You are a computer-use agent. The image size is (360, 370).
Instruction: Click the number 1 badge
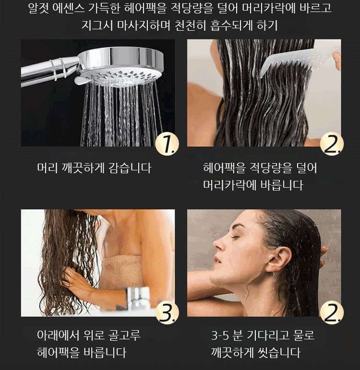[167, 143]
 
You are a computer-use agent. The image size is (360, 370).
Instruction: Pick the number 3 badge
[167, 312]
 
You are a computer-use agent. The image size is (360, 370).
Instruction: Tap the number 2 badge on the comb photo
[332, 143]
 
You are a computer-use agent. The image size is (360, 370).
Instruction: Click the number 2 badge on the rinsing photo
[332, 312]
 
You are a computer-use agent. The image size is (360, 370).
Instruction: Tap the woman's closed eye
[235, 237]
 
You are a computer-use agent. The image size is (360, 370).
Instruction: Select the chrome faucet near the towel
[138, 298]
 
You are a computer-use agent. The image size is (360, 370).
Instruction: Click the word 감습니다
[130, 168]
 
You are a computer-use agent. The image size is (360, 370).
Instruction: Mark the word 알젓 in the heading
[38, 8]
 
